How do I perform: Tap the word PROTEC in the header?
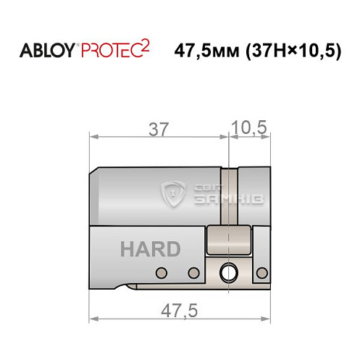(109, 51)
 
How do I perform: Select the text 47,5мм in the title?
(205, 52)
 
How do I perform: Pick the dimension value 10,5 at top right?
(249, 129)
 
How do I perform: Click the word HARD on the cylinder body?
(150, 250)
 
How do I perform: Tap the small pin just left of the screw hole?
(193, 273)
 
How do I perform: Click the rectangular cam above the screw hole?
(227, 240)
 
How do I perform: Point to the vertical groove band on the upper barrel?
(229, 195)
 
